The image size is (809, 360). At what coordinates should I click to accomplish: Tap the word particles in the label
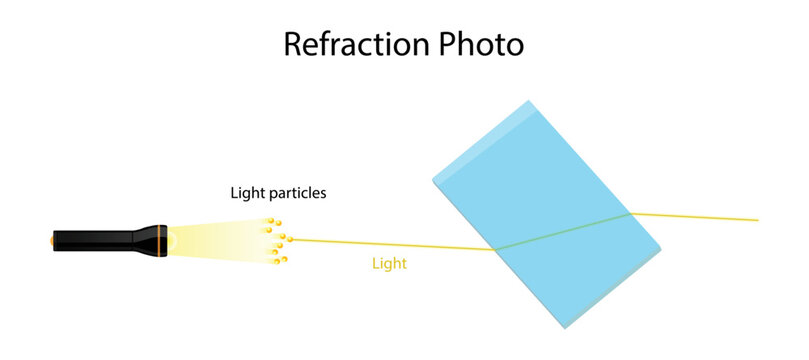click(297, 193)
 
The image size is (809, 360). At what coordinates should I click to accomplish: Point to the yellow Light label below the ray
click(389, 265)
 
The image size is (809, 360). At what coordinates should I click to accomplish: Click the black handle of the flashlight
click(100, 240)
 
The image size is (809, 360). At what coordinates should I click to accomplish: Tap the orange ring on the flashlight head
click(157, 240)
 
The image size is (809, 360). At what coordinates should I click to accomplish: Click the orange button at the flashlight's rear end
click(53, 240)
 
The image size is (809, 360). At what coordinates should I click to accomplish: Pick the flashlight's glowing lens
click(171, 240)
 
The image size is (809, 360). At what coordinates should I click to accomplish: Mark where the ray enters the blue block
click(495, 249)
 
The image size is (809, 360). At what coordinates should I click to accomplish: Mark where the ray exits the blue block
click(629, 213)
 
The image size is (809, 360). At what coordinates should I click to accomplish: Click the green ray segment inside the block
click(560, 231)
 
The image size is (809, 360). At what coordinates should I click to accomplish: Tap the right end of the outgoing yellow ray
click(757, 220)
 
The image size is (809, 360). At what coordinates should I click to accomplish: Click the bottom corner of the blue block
click(566, 327)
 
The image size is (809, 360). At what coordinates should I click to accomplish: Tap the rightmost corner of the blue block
click(660, 247)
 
